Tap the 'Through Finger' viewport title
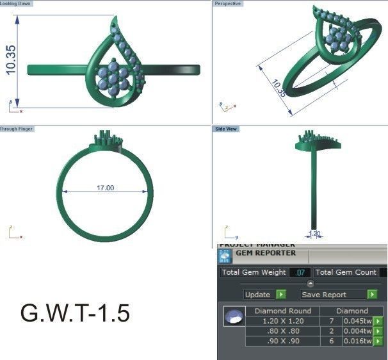click(17, 129)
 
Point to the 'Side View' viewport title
click(226, 129)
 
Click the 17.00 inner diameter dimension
click(105, 188)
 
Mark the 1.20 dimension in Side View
click(314, 234)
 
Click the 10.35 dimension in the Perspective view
click(279, 88)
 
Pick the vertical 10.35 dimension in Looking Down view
click(12, 60)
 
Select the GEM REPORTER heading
click(266, 253)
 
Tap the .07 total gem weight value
click(299, 273)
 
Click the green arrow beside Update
click(280, 295)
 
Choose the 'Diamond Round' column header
click(282, 311)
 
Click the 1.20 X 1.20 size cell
click(282, 320)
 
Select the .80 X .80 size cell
click(282, 331)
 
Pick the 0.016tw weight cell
click(357, 341)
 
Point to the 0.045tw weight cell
click(357, 320)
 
